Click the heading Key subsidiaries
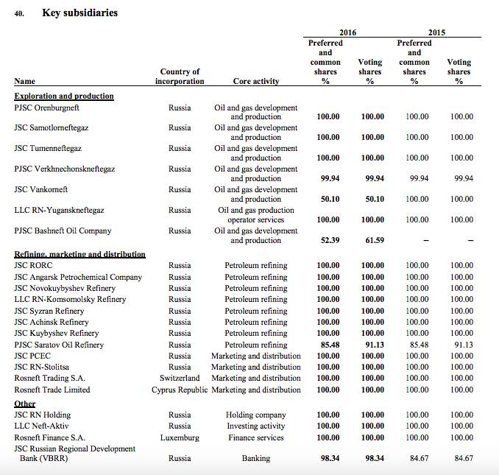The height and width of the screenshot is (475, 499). click(x=79, y=13)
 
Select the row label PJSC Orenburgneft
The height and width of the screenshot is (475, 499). click(x=48, y=108)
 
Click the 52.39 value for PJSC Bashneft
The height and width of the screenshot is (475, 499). click(x=328, y=240)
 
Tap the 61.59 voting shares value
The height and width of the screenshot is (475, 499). click(x=372, y=240)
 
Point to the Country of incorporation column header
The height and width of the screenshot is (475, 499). click(x=180, y=77)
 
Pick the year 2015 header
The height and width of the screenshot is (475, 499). click(x=436, y=32)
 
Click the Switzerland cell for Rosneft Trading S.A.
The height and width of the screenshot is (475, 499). click(x=180, y=379)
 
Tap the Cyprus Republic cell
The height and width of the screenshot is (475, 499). click(x=180, y=390)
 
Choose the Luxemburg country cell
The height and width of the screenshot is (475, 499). click(x=180, y=437)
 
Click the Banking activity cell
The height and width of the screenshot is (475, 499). click(x=255, y=458)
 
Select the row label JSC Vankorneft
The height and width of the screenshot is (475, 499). click(x=41, y=189)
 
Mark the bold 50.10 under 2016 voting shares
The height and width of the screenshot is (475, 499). click(x=372, y=199)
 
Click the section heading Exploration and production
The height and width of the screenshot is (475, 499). click(x=64, y=96)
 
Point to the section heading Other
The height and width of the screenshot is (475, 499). click(x=25, y=404)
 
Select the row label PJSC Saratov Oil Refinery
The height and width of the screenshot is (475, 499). click(x=59, y=345)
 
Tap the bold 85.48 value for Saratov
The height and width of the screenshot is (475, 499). click(x=328, y=345)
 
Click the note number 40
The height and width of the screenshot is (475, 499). click(x=19, y=13)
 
